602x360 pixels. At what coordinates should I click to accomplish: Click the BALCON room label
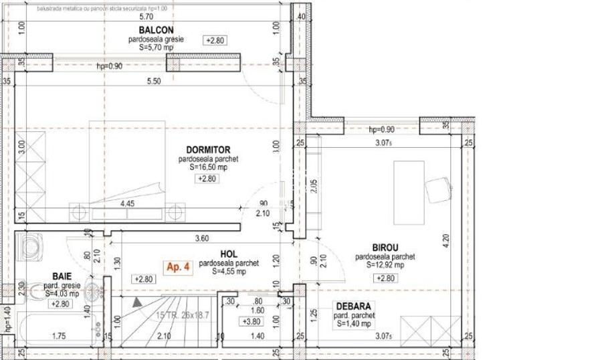[x=157, y=30]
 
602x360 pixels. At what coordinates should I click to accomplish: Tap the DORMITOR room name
[x=208, y=150]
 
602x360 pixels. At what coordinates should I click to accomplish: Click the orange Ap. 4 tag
[x=179, y=267]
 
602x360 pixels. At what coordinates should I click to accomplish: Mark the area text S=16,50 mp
[x=208, y=168]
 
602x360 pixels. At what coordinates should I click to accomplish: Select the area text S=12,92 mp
[x=385, y=265]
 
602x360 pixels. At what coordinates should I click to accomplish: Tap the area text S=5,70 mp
[x=157, y=49]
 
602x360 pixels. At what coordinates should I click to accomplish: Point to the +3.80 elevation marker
[x=252, y=321]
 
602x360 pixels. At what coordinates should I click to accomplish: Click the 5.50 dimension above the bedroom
[x=154, y=82]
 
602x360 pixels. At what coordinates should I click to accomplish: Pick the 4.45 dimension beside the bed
[x=127, y=204]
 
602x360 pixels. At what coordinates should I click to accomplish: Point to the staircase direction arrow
[x=137, y=302]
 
